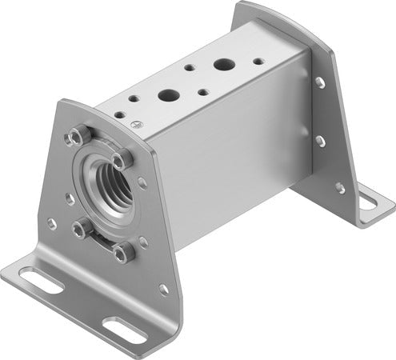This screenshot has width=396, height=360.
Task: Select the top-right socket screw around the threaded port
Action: [121, 161]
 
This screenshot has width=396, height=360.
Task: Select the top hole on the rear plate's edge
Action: [319, 82]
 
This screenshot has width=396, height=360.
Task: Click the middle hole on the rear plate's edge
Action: [320, 140]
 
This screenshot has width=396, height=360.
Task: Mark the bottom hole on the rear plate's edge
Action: [340, 188]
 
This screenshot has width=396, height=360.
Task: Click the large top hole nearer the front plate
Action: [168, 95]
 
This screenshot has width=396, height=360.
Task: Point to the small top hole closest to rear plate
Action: [257, 60]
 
